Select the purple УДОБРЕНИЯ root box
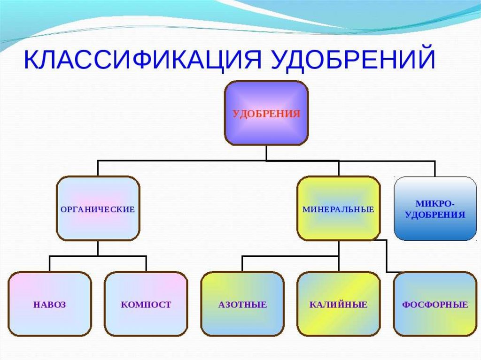click(266, 113)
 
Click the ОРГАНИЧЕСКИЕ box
click(98, 209)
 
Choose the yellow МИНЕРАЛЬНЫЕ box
click(338, 209)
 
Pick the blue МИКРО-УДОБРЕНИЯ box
click(435, 209)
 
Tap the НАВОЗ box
click(50, 304)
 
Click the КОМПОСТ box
click(146, 304)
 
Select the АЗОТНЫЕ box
click(242, 304)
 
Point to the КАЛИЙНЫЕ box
click(338, 304)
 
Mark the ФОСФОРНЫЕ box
click(435, 304)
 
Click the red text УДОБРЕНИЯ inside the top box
click(266, 114)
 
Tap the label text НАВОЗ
click(50, 305)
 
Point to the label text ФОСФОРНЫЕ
click(435, 305)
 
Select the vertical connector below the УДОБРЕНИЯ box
click(266, 153)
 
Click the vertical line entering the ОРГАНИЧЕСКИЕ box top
click(98, 169)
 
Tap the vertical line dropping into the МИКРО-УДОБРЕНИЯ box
click(435, 169)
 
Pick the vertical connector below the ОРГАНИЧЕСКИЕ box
click(98, 249)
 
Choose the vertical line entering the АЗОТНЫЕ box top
click(242, 264)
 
